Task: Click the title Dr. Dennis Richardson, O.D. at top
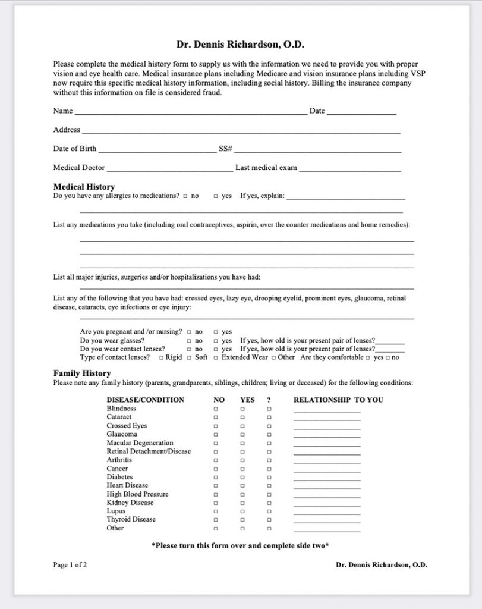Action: (241, 44)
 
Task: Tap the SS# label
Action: (225, 149)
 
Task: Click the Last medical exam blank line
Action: (350, 169)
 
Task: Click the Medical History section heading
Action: (84, 187)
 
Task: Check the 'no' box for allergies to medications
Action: (185, 196)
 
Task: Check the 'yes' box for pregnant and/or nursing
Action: (216, 332)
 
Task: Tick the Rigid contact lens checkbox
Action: (160, 358)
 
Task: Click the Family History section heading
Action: (82, 373)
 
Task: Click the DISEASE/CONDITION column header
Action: (145, 400)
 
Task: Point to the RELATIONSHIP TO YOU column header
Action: (338, 400)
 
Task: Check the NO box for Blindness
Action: (216, 409)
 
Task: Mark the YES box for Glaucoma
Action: (242, 435)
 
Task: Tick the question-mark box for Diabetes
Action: (269, 478)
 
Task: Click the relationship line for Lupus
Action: (327, 513)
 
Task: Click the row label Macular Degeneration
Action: (140, 443)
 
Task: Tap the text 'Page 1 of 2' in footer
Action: (70, 565)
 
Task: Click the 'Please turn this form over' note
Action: (241, 545)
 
